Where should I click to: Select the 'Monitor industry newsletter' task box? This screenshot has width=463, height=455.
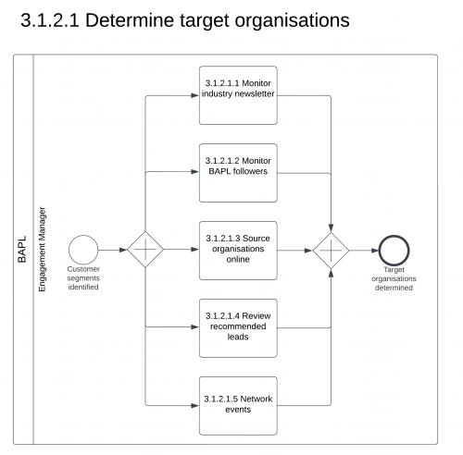238,94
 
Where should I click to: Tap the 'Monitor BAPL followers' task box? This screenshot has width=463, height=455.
238,172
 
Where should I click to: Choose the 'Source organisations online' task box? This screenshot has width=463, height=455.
238,251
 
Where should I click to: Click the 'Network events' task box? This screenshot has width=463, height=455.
238,405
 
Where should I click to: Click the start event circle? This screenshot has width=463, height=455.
83,250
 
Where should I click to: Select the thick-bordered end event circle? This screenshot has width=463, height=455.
394,250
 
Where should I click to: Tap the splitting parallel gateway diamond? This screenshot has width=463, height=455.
145,250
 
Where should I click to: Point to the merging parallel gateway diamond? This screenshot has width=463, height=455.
331,250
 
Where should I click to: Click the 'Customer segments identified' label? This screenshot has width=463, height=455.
83,278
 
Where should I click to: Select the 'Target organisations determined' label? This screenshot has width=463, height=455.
394,278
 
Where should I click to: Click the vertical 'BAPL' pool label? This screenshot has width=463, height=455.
23,250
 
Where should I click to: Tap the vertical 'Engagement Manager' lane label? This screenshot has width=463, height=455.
43,250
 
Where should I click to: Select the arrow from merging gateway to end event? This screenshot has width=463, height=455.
363,250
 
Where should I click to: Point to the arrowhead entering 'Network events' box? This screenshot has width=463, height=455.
195,405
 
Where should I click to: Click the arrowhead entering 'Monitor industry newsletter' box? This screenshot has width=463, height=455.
195,94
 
